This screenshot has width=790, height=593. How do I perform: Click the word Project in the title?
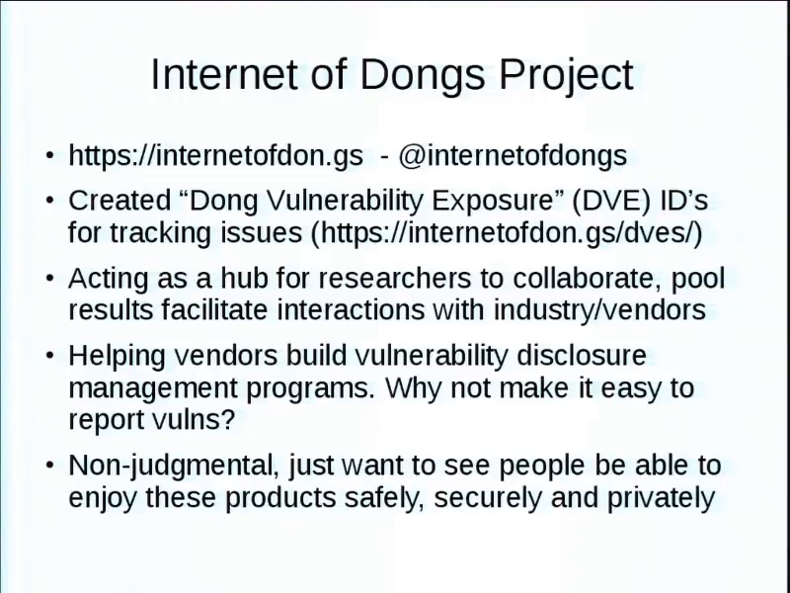[x=566, y=76]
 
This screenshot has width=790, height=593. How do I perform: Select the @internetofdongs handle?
[x=513, y=155]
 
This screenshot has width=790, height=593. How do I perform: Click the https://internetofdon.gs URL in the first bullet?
[x=215, y=155]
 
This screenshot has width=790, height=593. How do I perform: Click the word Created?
[x=119, y=201]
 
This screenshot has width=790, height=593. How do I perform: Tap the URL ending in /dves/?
[x=507, y=233]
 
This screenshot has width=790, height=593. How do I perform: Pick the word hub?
[x=244, y=279]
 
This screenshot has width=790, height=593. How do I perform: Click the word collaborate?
[x=588, y=279]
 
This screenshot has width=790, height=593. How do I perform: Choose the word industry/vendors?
[x=600, y=309]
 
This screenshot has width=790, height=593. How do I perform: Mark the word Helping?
[x=117, y=357]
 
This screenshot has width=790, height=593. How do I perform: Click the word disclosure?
[x=582, y=356]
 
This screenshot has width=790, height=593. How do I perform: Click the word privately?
[x=661, y=498]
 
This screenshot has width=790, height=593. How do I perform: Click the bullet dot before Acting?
[x=49, y=279]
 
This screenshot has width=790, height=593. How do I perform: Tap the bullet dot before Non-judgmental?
[x=49, y=465]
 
